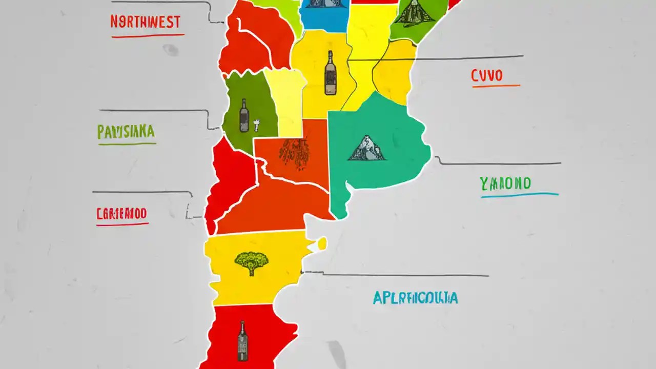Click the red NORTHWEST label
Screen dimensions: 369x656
click(x=145, y=22)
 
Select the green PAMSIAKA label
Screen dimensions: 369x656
click(x=126, y=132)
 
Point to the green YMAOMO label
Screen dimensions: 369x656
click(x=505, y=183)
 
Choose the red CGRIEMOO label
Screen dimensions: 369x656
click(x=121, y=213)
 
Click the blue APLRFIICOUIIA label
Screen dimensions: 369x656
click(x=415, y=298)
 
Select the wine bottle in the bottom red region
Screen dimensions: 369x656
click(x=242, y=340)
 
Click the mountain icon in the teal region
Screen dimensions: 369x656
click(x=366, y=148)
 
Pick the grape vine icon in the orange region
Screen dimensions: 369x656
click(x=293, y=152)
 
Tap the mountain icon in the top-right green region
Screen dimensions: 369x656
click(x=414, y=12)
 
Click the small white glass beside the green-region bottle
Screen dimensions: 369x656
click(x=256, y=125)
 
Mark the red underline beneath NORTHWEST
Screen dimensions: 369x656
click(x=148, y=36)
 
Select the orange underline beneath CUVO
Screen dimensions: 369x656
click(x=496, y=86)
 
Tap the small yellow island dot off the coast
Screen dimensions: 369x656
click(x=322, y=243)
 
